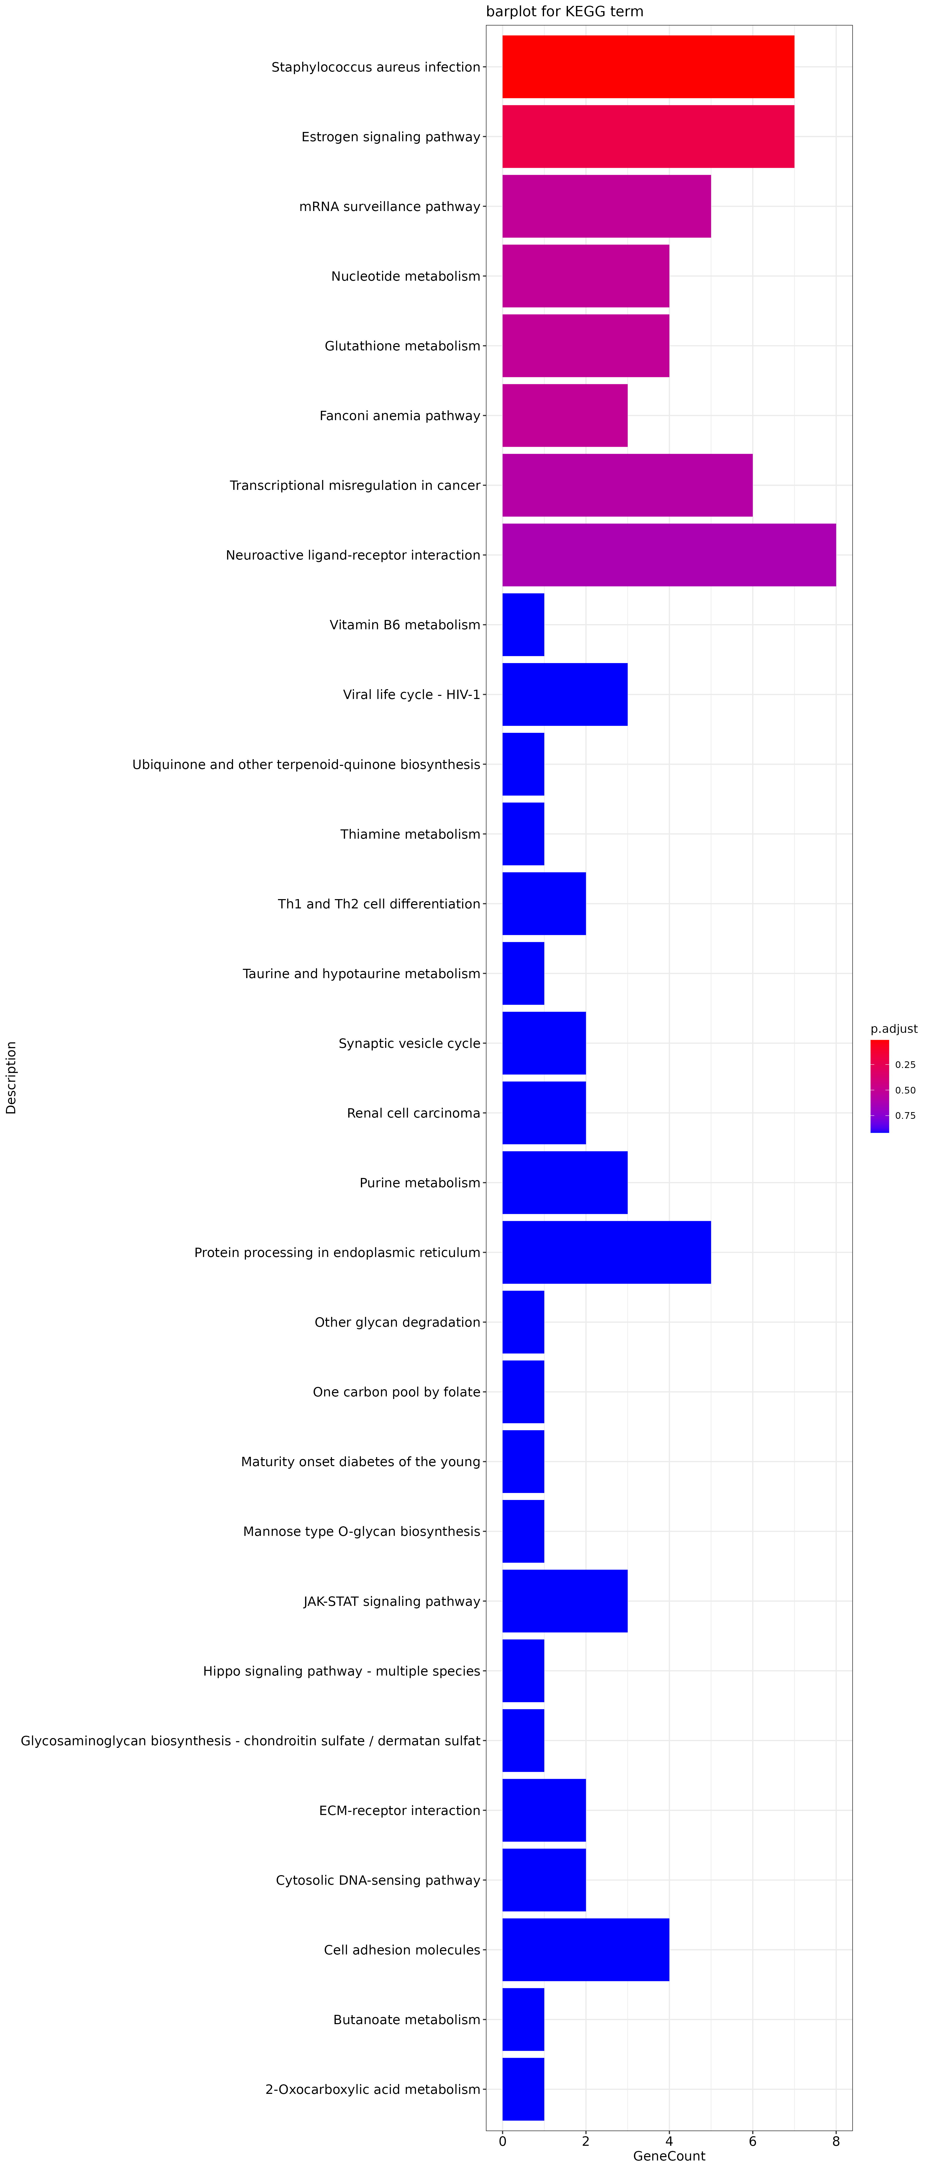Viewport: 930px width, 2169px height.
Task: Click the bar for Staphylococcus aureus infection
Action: pos(648,67)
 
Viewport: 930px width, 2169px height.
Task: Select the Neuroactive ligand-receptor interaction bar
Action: pos(669,555)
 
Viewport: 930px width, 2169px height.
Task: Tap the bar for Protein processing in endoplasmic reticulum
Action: pos(607,1252)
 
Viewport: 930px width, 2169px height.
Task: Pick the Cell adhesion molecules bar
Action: pos(585,1949)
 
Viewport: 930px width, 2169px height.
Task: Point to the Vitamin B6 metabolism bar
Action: pos(523,625)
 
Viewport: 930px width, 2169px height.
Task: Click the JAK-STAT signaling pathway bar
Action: pos(564,1601)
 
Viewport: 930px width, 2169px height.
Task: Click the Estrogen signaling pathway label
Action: pos(391,136)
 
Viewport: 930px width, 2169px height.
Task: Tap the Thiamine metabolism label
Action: pos(410,834)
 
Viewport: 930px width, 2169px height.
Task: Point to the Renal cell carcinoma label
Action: pos(414,1113)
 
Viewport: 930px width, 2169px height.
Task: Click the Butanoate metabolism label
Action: pos(407,2019)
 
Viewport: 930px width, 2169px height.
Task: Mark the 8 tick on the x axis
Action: pos(836,2141)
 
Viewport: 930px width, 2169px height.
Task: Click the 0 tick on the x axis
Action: pos(503,2141)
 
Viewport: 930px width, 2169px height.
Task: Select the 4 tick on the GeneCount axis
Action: pos(669,2141)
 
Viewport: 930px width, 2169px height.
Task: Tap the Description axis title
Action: pos(11,1078)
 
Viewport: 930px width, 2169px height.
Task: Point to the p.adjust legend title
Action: pos(894,1029)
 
